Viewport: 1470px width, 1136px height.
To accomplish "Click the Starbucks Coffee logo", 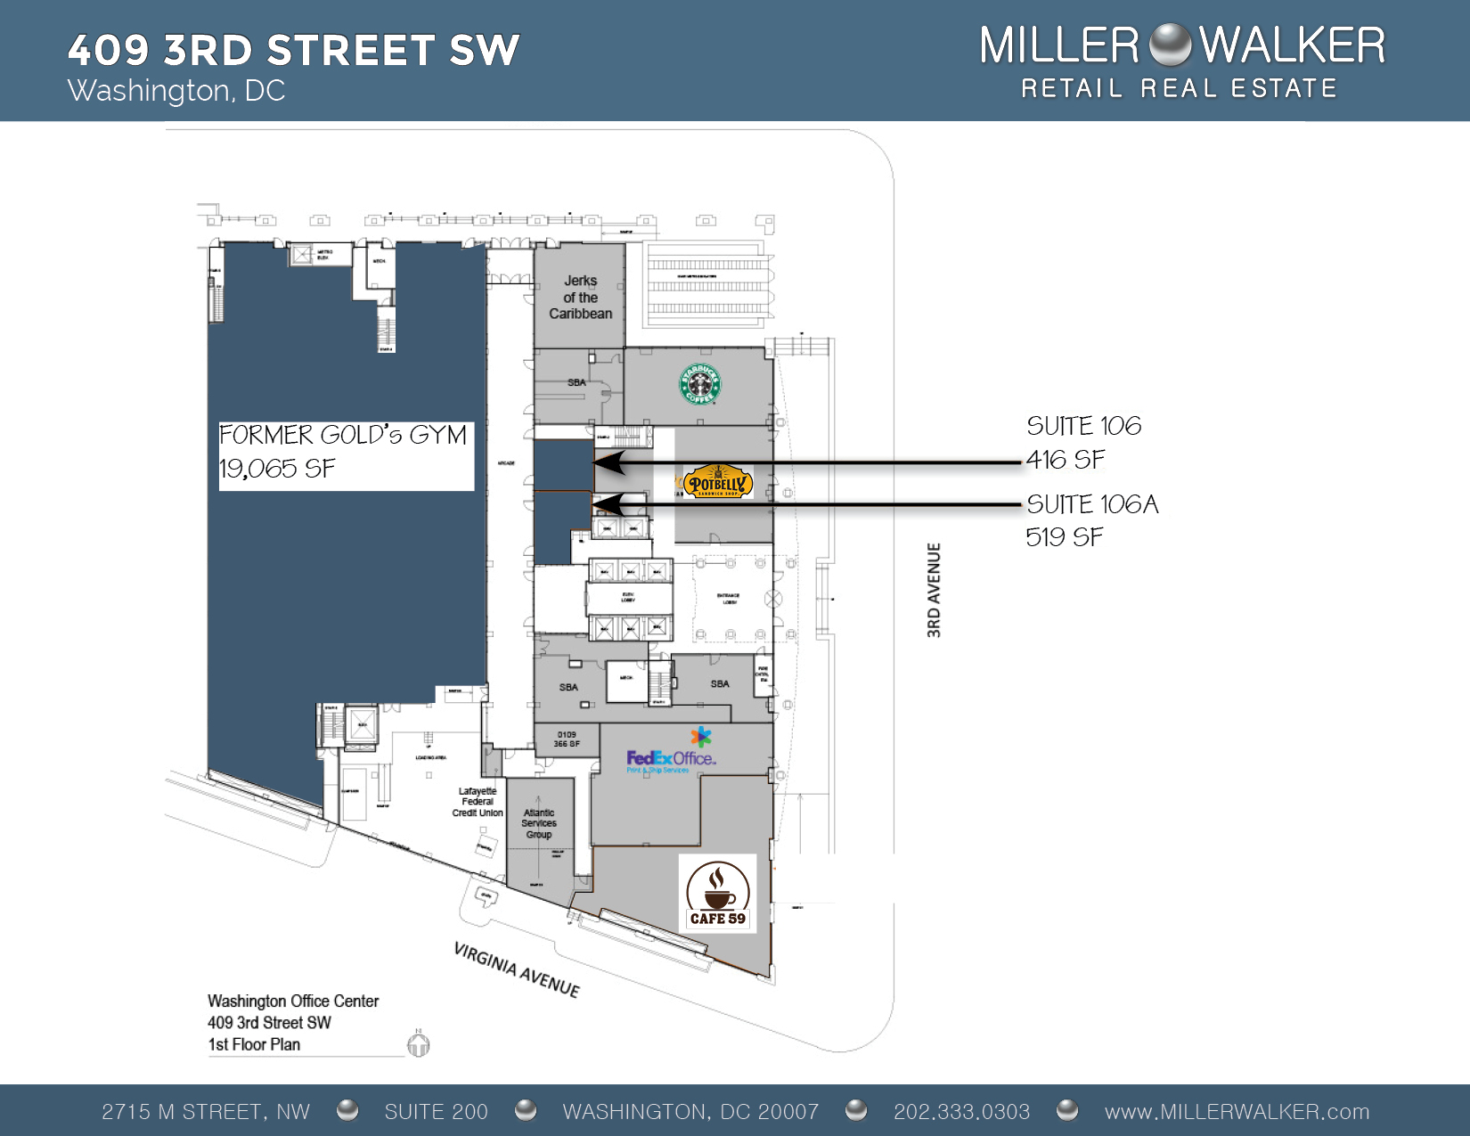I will click(x=700, y=385).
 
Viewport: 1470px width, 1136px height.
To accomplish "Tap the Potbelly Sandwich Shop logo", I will click(x=718, y=482).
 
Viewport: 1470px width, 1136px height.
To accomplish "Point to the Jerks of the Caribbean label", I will click(x=580, y=297).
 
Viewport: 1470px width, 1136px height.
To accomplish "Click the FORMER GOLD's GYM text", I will click(x=343, y=435).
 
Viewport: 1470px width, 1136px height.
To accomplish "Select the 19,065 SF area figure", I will click(x=277, y=469).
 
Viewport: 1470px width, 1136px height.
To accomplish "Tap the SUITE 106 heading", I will click(x=1083, y=426).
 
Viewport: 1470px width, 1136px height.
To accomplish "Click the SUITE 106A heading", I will click(x=1092, y=504).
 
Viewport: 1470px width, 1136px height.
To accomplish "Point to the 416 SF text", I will click(x=1065, y=460).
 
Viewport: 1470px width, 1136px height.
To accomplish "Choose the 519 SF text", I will click(x=1064, y=537).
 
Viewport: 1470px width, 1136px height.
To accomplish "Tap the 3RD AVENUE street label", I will click(x=934, y=590).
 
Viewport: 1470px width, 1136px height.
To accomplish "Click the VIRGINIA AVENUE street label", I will click(x=517, y=969).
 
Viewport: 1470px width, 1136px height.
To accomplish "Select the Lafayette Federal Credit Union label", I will click(x=478, y=802).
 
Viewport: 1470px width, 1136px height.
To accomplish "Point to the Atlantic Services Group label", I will click(x=539, y=823).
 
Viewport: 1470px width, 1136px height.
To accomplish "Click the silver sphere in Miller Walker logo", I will click(x=1170, y=45).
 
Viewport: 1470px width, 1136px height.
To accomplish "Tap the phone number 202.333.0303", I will click(x=961, y=1112).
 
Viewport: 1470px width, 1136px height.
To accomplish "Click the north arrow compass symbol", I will click(x=419, y=1043).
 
